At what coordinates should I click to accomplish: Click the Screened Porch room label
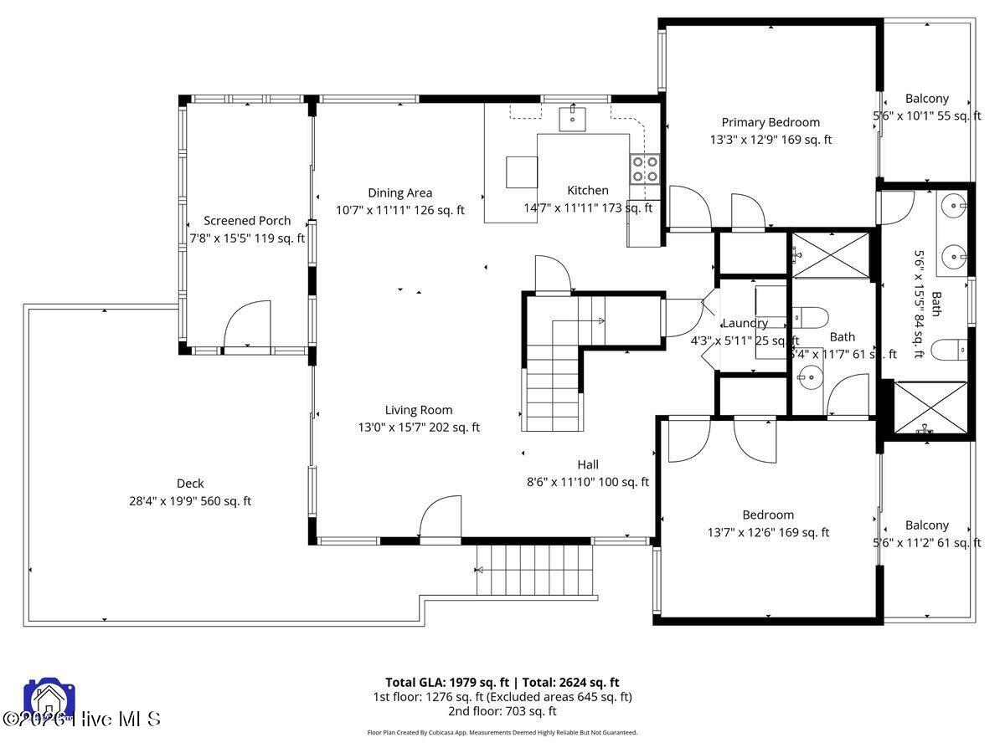click(247, 221)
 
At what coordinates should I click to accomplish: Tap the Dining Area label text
click(399, 193)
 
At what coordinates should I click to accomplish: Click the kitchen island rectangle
click(522, 172)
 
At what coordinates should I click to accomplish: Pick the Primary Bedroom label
click(770, 122)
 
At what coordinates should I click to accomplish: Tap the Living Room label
click(419, 410)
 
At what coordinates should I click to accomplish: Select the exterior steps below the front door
click(534, 570)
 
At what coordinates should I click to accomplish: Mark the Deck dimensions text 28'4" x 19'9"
click(189, 501)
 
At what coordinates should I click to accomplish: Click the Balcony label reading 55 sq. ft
click(927, 99)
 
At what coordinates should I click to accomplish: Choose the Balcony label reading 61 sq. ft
click(927, 525)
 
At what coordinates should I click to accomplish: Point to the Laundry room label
click(745, 323)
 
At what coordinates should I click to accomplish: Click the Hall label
click(588, 465)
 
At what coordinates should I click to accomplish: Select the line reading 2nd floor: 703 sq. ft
click(502, 711)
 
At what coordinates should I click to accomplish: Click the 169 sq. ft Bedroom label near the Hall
click(768, 515)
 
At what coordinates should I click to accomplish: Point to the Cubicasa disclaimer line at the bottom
click(502, 732)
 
